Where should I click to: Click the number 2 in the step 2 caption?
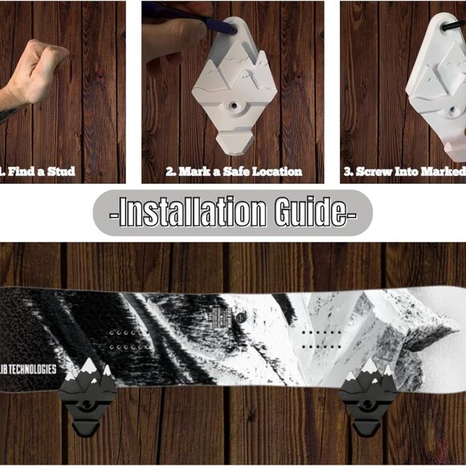click(x=170, y=171)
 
